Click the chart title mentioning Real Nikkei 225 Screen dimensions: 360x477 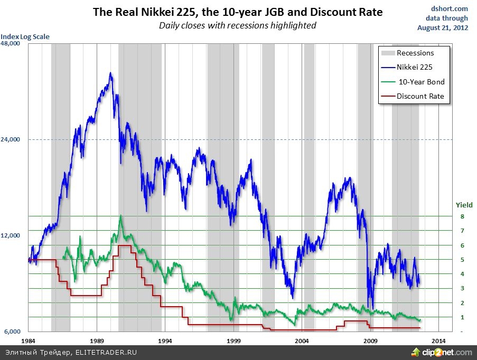238,12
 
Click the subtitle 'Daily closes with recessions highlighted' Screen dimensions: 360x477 238,25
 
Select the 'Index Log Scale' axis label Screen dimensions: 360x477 25,37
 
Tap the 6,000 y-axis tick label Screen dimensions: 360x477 12,331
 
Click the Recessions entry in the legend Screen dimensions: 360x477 415,53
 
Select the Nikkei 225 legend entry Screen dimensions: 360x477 415,67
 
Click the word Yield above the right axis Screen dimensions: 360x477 464,205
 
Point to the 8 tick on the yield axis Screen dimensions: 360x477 462,216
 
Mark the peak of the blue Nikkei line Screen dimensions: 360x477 110,73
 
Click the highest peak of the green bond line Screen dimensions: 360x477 121,215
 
